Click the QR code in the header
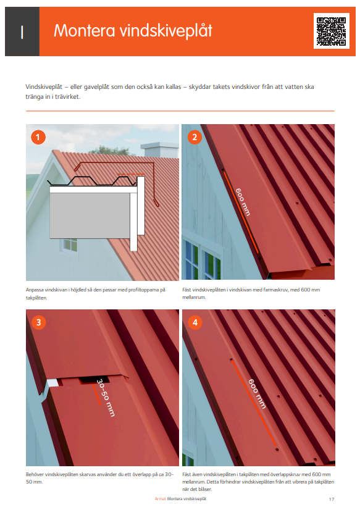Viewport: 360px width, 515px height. (331, 31)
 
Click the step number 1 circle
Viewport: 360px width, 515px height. (39, 137)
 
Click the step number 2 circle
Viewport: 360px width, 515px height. (195, 137)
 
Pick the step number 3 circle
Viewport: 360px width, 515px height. (39, 322)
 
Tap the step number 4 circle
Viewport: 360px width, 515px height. (195, 322)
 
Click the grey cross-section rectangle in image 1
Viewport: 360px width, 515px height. (93, 216)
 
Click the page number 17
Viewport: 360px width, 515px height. (332, 498)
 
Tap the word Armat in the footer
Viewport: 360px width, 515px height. (160, 498)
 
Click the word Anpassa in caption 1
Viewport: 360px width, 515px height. (35, 290)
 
